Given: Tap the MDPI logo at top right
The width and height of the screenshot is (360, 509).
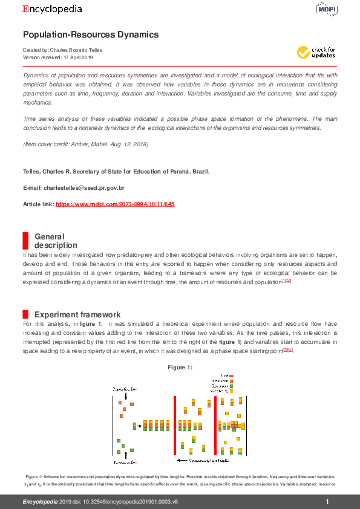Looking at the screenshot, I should coord(326,8).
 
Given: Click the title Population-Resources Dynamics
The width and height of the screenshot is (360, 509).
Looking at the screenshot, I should coord(91,34).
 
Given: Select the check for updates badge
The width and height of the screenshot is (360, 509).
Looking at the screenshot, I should coord(316,52).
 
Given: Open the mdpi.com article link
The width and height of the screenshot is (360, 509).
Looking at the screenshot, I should coord(115,204).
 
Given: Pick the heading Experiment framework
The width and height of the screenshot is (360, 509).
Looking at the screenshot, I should coord(77,314).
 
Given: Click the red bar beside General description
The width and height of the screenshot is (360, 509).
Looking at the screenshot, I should coord(25,240).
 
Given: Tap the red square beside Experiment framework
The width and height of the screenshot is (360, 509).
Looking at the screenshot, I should coord(25,314).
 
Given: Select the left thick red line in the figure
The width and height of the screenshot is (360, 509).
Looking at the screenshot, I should coord(174,425).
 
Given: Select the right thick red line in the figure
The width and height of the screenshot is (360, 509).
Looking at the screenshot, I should coord(215,425).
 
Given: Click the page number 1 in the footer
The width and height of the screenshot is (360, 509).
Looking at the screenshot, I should coord(327,502).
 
